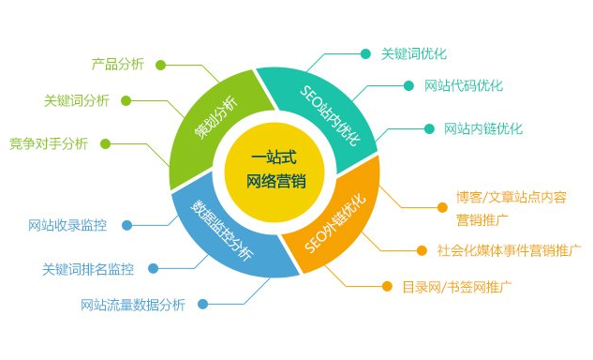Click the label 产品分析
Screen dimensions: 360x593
coord(118,65)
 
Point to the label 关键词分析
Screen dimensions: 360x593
coord(77,100)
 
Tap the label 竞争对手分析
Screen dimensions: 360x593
coord(49,143)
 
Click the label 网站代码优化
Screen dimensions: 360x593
coord(463,85)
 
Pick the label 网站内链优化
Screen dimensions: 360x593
coord(483,128)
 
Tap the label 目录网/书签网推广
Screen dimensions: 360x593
coord(456,286)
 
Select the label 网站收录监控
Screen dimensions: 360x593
coord(67,225)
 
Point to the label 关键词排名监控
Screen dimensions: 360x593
coord(88,269)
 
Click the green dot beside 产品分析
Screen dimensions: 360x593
coord(161,65)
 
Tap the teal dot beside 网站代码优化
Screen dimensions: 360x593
coord(408,85)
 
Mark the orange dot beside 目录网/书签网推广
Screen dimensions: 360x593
coord(385,286)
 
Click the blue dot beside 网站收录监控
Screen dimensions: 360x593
coord(126,225)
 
